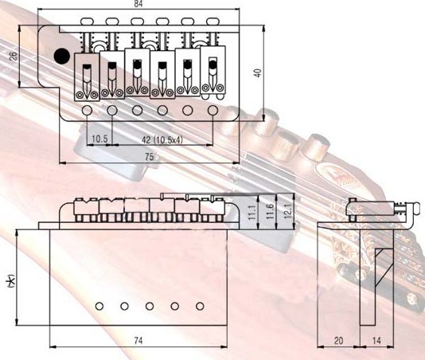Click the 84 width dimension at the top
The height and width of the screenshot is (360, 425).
[x=138, y=4]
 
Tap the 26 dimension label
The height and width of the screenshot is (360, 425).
[x=13, y=56]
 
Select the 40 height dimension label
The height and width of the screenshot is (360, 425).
[x=258, y=73]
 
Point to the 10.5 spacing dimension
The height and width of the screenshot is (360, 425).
[x=99, y=139]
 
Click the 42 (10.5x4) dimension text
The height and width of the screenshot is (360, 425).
[x=162, y=139]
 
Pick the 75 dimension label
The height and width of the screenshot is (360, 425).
[x=149, y=157]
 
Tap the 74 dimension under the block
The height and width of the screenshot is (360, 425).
[x=138, y=340]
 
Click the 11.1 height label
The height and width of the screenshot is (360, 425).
[x=251, y=213]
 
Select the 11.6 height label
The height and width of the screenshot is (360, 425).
[x=270, y=212]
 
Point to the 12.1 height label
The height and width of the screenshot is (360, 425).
[x=288, y=211]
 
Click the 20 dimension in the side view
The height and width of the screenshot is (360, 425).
[x=338, y=340]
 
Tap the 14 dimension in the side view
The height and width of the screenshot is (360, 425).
[x=376, y=340]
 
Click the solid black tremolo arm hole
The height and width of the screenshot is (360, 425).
[x=62, y=57]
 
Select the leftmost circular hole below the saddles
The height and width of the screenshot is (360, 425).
[x=87, y=111]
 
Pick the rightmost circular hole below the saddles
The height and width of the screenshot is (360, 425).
[x=212, y=111]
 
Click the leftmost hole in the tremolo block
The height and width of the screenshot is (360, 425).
[x=99, y=307]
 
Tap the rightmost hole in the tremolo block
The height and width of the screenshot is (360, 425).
[x=200, y=307]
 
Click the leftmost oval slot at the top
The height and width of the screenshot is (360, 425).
[x=87, y=21]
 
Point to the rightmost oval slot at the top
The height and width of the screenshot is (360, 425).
[x=212, y=21]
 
